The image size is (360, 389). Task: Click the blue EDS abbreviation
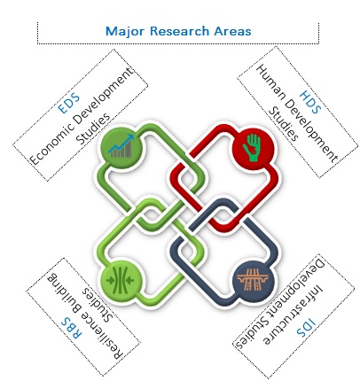click(68, 103)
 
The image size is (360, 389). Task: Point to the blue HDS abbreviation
click(310, 102)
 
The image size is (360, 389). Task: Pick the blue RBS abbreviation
click(71, 328)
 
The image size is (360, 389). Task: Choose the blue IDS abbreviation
click(306, 328)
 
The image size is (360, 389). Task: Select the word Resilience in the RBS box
click(102, 336)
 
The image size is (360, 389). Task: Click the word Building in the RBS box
click(64, 291)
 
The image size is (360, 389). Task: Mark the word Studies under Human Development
click(283, 124)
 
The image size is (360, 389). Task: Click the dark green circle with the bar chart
click(121, 148)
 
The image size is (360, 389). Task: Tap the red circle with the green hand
click(253, 148)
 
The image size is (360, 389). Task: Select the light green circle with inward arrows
click(121, 280)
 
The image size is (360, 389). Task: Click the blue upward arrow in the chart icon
click(121, 144)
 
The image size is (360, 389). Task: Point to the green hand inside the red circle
click(252, 148)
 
